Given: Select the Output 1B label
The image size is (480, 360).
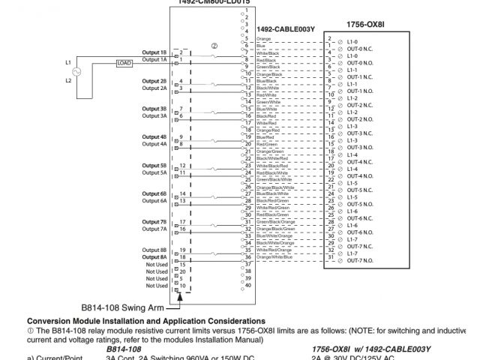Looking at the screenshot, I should (x=154, y=52).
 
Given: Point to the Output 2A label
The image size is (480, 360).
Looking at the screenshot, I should (x=154, y=88).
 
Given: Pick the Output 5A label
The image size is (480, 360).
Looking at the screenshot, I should (x=154, y=172).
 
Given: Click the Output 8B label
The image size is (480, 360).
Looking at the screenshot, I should (x=154, y=249).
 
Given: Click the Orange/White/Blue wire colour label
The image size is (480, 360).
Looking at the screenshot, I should (x=274, y=257).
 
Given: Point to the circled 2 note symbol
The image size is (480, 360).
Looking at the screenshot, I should (x=214, y=44).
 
